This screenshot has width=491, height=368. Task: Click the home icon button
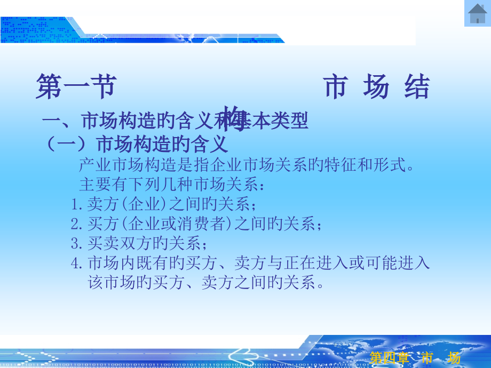pyautogui.click(x=477, y=13)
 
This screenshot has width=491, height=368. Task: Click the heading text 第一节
pyautogui.click(x=76, y=87)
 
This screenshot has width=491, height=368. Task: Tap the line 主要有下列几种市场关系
pyautogui.click(x=171, y=185)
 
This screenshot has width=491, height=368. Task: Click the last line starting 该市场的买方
pyautogui.click(x=206, y=283)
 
